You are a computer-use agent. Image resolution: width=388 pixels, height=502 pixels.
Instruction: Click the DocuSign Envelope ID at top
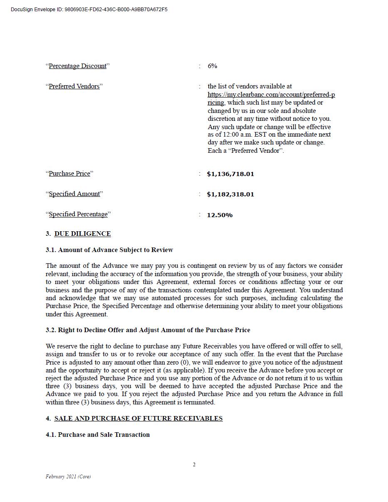pos(89,10)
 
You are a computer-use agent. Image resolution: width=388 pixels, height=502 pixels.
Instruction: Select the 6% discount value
pos(212,66)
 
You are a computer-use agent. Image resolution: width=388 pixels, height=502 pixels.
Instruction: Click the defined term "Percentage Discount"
pos(78,66)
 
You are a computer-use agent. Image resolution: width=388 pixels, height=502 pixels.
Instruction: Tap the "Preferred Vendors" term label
pos(74,86)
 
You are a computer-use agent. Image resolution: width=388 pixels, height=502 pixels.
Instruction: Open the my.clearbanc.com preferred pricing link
pos(271,95)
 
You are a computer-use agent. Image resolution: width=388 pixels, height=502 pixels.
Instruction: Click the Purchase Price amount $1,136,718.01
pos(230,174)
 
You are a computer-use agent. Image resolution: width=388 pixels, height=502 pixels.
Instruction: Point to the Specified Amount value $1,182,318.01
pos(230,194)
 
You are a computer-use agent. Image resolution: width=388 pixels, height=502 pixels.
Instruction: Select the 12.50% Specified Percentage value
pos(220,215)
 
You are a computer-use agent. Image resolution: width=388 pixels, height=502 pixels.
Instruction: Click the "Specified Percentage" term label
pos(78,214)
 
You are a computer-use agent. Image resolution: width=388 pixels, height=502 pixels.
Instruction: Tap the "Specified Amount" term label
pos(74,194)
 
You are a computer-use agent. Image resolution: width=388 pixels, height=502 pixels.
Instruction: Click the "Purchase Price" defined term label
pos(69,174)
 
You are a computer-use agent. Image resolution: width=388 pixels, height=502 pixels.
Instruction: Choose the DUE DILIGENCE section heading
pos(82,234)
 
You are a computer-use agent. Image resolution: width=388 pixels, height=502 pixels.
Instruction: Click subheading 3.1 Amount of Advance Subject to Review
pos(109,250)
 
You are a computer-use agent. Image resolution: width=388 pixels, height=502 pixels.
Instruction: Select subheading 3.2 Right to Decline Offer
pos(148,330)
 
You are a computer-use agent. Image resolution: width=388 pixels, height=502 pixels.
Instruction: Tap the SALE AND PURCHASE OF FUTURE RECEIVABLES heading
pos(138,419)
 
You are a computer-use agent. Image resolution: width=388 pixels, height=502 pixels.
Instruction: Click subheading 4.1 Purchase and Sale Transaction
pos(98,435)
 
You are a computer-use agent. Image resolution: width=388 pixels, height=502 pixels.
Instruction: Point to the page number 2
pos(194,465)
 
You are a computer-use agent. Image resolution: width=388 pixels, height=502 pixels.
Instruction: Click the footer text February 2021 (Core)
pos(68,477)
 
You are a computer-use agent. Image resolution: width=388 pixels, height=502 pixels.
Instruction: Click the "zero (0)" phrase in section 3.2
pos(163,362)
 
